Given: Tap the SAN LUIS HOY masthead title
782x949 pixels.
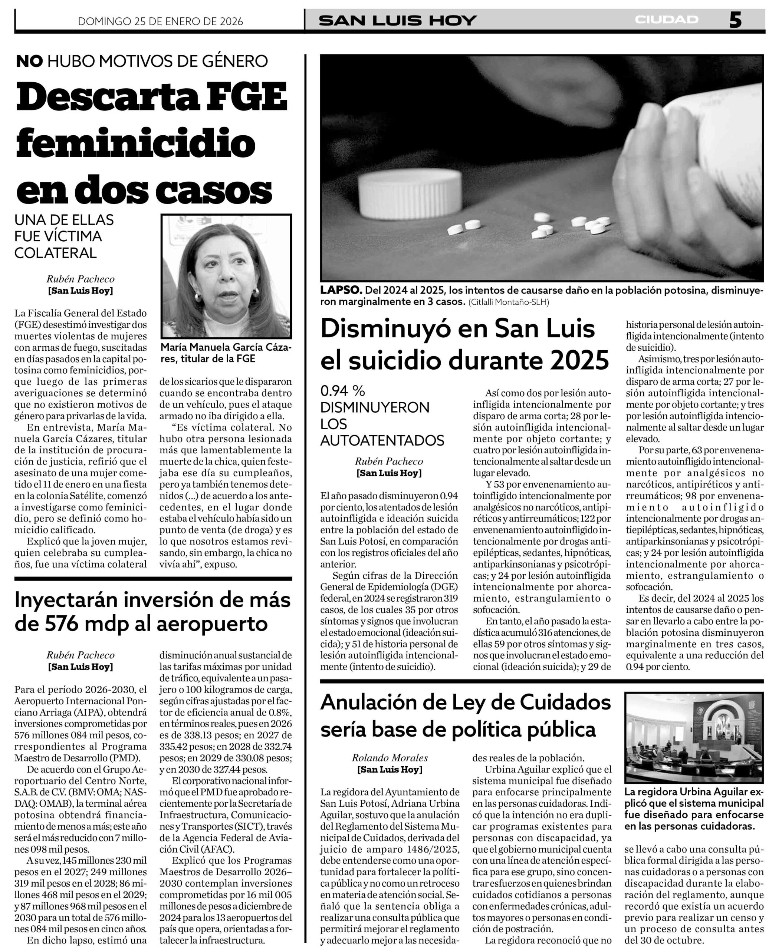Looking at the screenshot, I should click(x=397, y=20).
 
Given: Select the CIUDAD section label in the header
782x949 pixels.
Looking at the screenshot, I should click(x=666, y=20).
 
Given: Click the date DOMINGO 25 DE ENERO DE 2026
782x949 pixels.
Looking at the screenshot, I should click(x=160, y=21).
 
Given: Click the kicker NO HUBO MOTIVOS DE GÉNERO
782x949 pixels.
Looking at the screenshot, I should click(x=142, y=61).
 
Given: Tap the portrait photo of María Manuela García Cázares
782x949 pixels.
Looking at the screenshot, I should click(x=226, y=277).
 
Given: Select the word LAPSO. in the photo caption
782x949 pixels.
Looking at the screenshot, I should click(x=341, y=290).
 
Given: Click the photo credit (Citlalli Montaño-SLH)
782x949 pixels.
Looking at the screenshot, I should click(x=509, y=302).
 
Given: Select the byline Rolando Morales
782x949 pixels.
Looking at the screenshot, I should click(x=390, y=758).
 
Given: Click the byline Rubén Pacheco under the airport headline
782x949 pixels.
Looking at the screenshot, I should click(x=80, y=655).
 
